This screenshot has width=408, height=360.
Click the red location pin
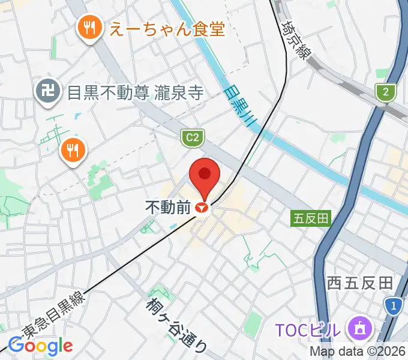(205, 175)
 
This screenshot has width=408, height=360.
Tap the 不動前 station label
(168, 208)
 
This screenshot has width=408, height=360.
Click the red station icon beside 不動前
(202, 208)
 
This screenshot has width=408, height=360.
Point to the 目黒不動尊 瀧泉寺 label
(135, 92)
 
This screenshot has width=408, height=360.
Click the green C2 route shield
(191, 138)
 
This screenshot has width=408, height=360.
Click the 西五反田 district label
(359, 283)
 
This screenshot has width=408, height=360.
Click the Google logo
(40, 346)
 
